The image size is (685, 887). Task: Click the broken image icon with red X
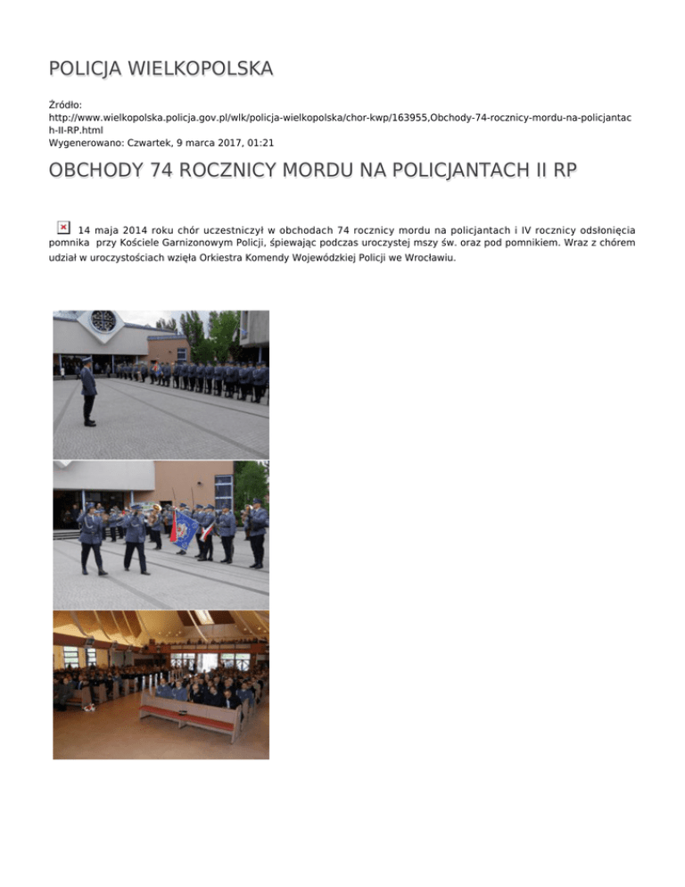tap(63, 228)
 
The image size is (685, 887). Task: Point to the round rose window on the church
tap(103, 321)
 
